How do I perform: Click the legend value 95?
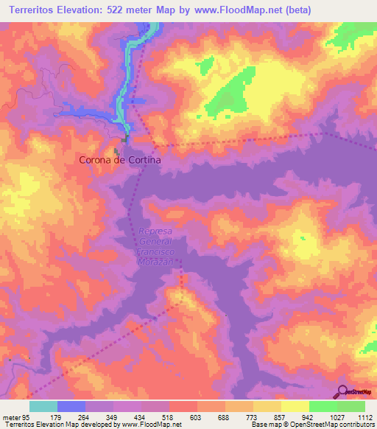tap(27, 417)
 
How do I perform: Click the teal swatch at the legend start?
tap(43, 406)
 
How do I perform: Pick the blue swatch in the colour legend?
tap(71, 406)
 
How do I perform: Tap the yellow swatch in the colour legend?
tap(295, 406)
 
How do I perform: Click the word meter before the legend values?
tap(11, 417)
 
